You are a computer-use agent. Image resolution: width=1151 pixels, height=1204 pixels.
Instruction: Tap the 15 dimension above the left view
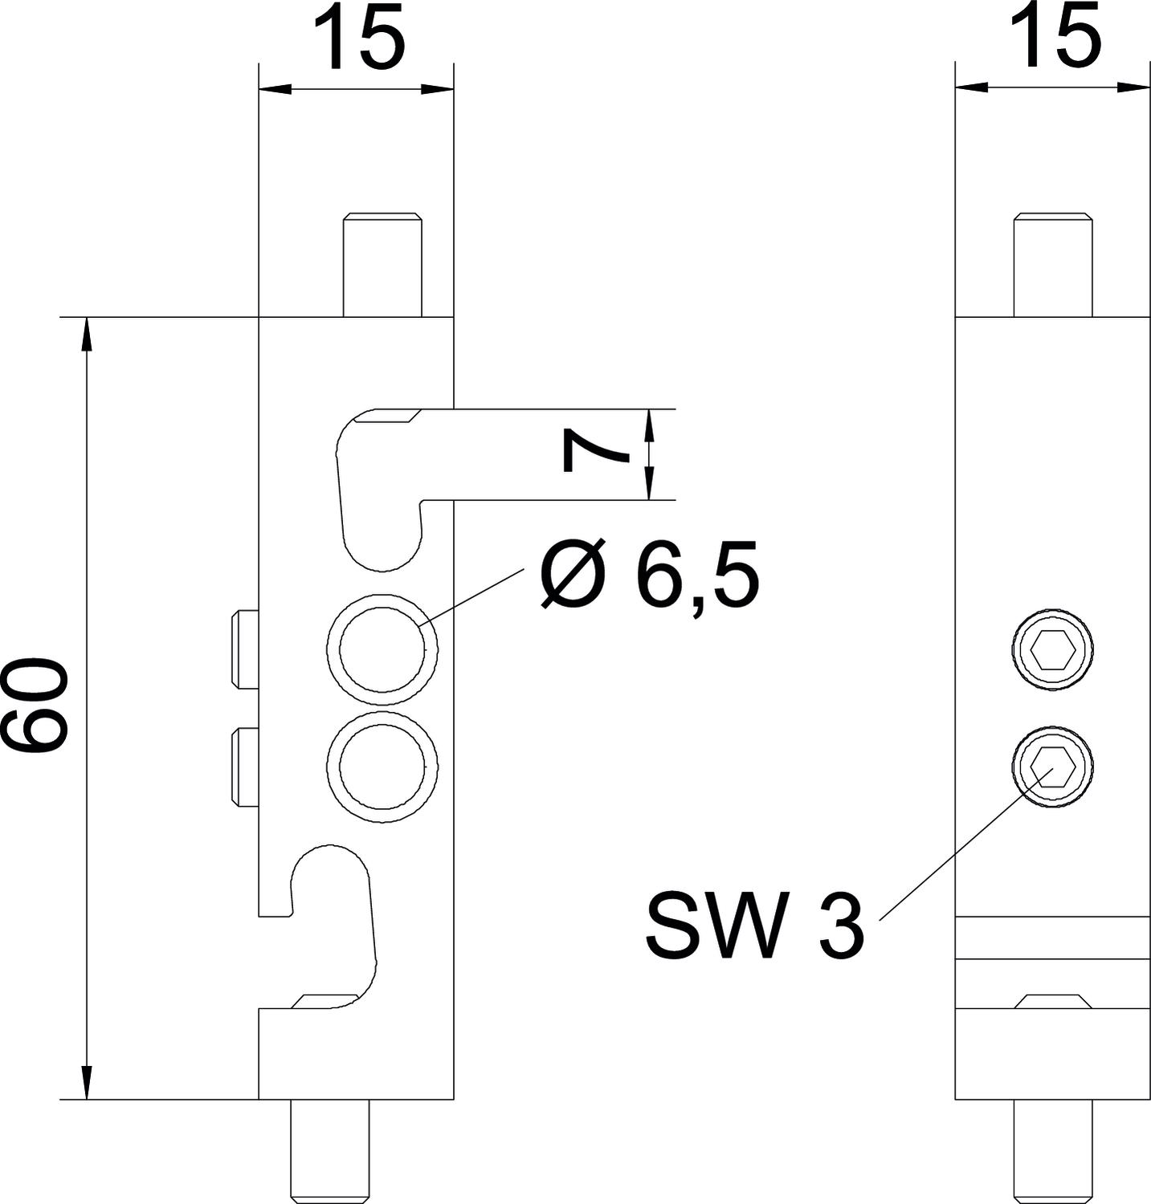pyautogui.click(x=355, y=37)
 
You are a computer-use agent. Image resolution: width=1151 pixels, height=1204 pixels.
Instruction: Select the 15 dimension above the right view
pyautogui.click(x=1053, y=37)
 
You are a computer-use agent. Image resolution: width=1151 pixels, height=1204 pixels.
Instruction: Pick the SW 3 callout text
pyautogui.click(x=755, y=928)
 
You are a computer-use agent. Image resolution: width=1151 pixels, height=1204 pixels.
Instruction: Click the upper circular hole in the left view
pyautogui.click(x=382, y=648)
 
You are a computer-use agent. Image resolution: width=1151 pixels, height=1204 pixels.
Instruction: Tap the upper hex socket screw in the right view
pyautogui.click(x=1051, y=648)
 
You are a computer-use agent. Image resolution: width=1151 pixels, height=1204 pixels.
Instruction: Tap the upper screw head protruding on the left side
pyautogui.click(x=245, y=649)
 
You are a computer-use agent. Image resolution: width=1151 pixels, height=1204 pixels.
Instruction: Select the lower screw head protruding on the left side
pyautogui.click(x=245, y=765)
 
